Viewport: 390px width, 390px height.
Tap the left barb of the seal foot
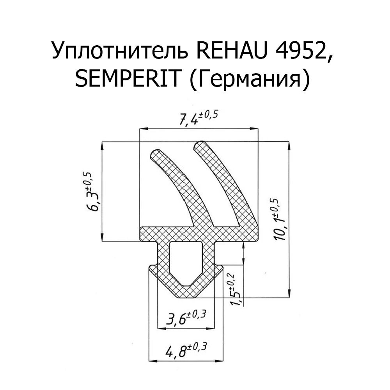[x=152, y=269]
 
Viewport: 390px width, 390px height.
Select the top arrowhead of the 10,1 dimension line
[x=289, y=145]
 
